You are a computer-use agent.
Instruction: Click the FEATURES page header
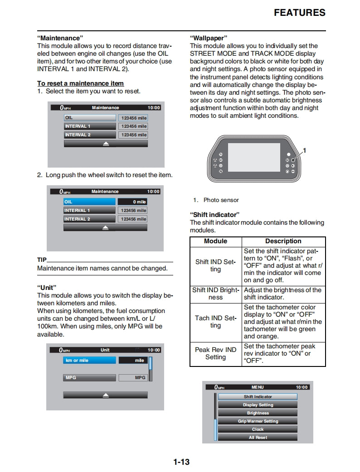coord(300,13)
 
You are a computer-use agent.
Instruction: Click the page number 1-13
coord(181,462)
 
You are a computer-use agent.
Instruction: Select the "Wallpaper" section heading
coord(208,38)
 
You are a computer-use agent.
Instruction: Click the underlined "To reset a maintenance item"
coord(80,83)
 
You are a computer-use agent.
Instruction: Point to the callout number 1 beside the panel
coord(305,150)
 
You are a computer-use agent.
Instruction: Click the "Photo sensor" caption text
coord(221,200)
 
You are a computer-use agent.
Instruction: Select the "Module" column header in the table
coord(215,241)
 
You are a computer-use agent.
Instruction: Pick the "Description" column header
coord(283,241)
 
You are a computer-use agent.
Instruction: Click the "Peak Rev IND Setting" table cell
coord(215,353)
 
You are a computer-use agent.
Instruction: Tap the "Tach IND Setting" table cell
coord(215,322)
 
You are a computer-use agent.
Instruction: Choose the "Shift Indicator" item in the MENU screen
coord(258,397)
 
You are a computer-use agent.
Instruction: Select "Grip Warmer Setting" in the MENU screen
coord(258,421)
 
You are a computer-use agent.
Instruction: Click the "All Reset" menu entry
coord(258,438)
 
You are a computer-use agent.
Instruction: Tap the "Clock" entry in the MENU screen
coord(258,429)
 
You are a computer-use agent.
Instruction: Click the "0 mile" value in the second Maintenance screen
coord(132,202)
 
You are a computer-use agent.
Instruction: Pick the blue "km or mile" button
coord(89,361)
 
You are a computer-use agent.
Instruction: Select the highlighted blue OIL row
coord(89,202)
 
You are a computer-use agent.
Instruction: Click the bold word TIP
coord(42,260)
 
